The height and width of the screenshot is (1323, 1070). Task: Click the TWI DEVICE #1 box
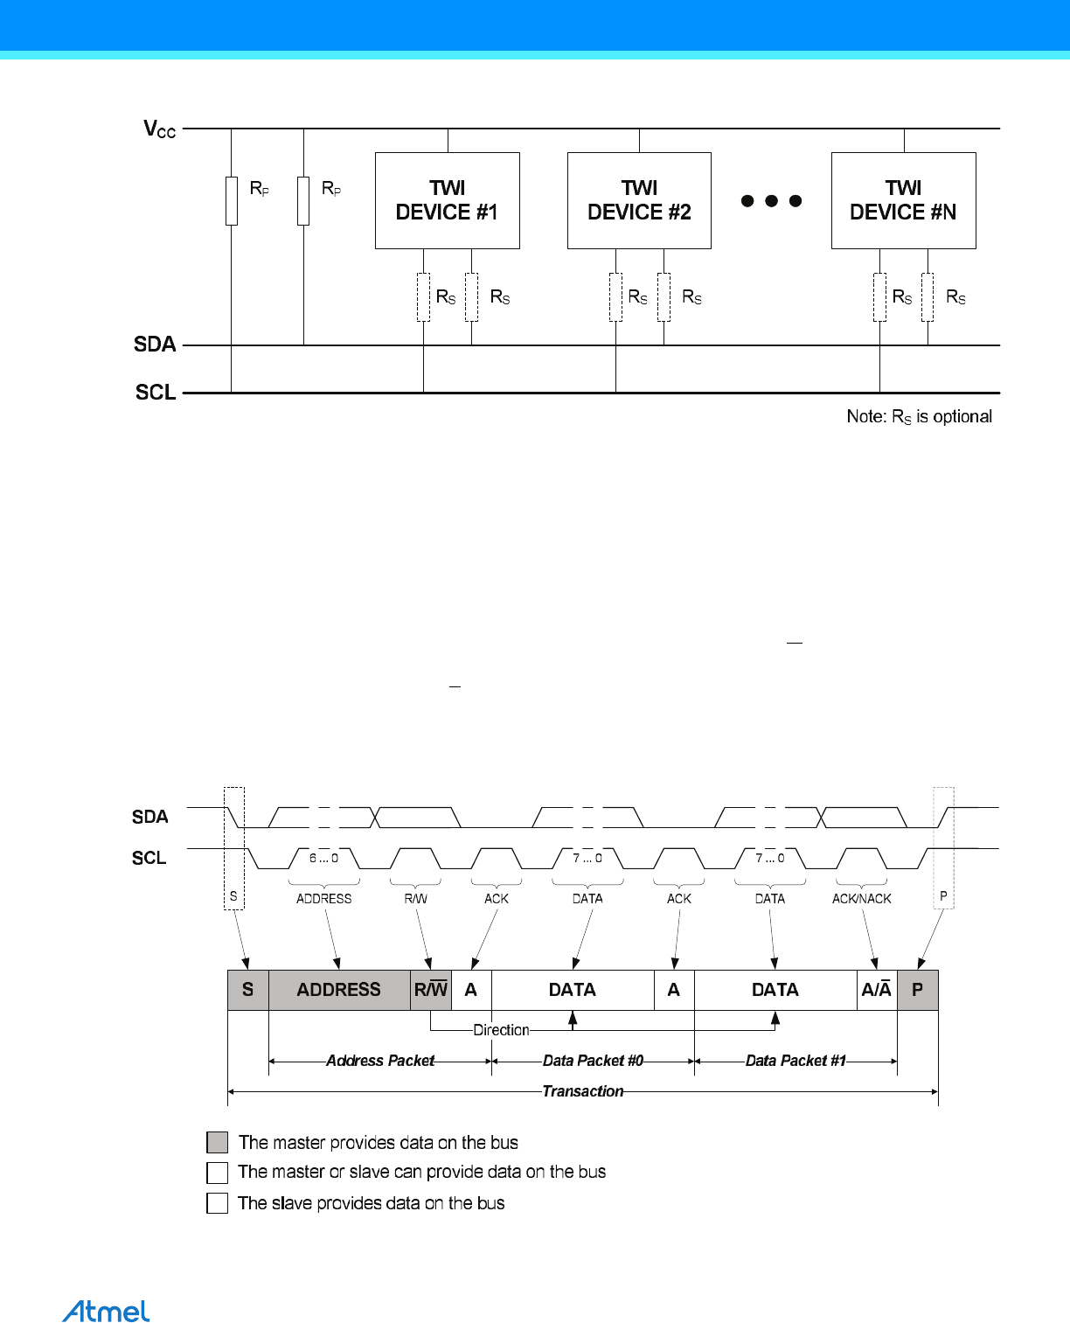point(447,200)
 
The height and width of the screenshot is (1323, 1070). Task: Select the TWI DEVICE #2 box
point(639,200)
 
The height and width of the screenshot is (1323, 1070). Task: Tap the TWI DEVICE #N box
point(903,200)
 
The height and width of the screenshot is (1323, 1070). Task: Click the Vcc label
point(160,129)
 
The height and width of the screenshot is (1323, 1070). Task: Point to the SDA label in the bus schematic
point(155,345)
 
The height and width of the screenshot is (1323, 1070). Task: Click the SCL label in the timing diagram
point(149,858)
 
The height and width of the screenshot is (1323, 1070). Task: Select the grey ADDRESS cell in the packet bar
point(338,990)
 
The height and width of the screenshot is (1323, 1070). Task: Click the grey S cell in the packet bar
point(247,990)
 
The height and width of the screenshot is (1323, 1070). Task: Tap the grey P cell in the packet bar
point(917,990)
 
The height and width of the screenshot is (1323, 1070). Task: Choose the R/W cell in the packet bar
point(430,990)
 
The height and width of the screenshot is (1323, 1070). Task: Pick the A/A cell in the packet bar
point(876,990)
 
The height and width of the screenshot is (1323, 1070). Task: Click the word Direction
point(501,1030)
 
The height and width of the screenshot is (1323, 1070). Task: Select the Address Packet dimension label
point(380,1061)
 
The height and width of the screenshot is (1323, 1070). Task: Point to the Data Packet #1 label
point(796,1061)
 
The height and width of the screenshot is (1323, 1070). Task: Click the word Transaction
point(583,1091)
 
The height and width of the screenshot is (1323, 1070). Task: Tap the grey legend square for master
point(217,1142)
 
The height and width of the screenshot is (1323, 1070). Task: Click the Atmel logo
point(106,1311)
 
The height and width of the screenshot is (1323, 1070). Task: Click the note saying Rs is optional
point(919,417)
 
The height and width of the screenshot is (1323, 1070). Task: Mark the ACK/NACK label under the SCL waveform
point(861,899)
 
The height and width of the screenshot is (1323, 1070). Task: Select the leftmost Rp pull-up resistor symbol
point(232,200)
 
